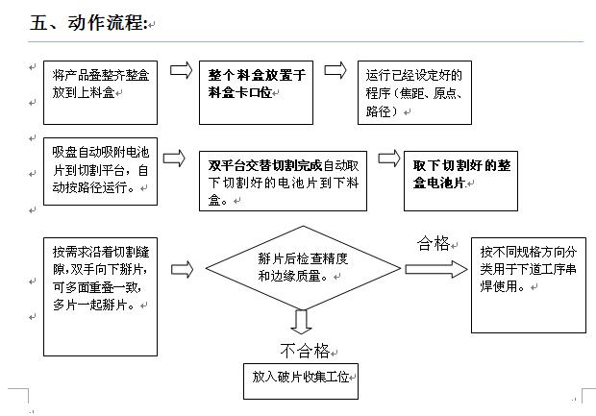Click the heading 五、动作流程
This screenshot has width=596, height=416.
tap(88, 23)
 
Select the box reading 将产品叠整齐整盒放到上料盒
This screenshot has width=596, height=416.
tap(100, 92)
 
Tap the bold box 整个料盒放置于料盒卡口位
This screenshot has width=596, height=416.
tap(257, 92)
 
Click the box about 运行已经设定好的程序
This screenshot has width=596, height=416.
tap(414, 92)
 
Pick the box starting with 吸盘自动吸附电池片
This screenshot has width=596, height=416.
tap(100, 172)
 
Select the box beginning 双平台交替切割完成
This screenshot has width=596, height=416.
tap(284, 181)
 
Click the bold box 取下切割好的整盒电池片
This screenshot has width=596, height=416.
tap(460, 181)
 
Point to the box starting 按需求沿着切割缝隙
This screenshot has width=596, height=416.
tap(100, 297)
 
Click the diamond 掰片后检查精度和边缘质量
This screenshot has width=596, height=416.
tap(303, 268)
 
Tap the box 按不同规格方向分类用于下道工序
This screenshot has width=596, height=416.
tap(529, 285)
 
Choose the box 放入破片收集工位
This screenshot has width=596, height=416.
tap(301, 381)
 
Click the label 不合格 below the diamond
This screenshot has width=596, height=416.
tap(305, 351)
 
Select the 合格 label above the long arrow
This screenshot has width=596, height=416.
tap(434, 243)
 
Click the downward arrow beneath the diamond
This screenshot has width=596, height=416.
tap(302, 322)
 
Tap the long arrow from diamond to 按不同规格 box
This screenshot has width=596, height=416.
tap(436, 269)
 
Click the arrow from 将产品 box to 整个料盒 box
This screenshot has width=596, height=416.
tap(182, 70)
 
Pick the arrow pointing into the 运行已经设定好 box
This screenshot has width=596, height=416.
tap(335, 70)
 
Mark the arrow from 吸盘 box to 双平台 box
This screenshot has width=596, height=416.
tap(174, 159)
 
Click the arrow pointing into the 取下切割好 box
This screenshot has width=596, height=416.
tap(389, 159)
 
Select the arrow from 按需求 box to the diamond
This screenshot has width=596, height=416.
tap(182, 269)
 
